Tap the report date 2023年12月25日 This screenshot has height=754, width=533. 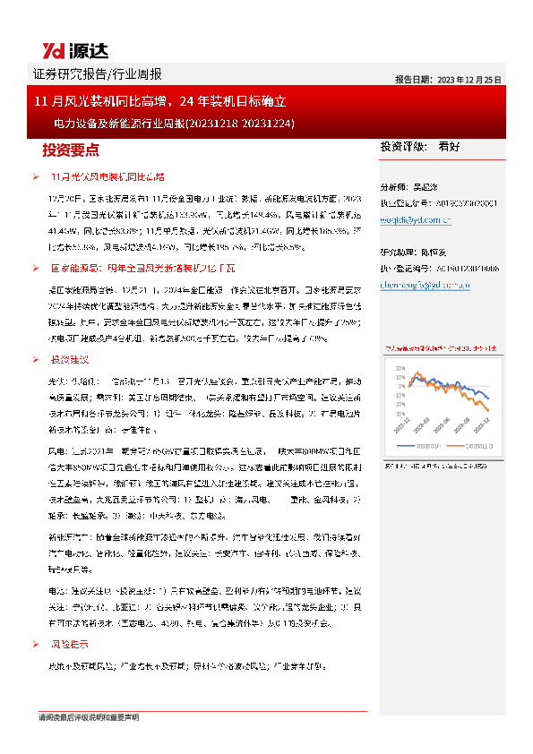464,79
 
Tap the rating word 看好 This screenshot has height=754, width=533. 450,146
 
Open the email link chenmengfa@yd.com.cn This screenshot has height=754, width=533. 419,285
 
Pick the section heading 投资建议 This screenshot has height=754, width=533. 70,359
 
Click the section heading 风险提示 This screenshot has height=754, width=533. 69,644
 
